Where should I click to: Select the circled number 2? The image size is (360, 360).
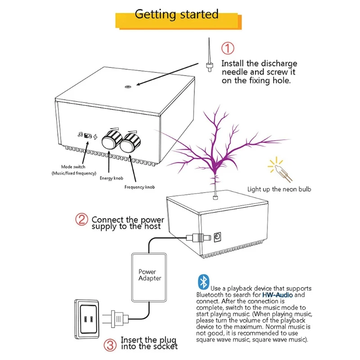click(x=81, y=220)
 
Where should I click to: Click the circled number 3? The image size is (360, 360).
click(x=110, y=346)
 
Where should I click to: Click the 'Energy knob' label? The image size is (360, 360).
click(x=111, y=178)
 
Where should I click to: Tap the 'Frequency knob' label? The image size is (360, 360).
click(x=139, y=186)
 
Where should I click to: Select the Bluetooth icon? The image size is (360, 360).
click(x=203, y=282)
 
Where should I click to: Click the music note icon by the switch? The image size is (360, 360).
click(x=80, y=135)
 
